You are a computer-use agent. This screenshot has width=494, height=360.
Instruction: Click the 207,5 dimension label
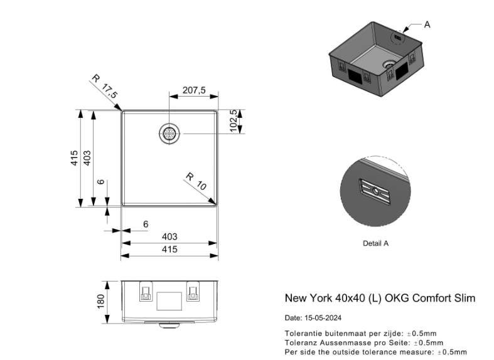(x=194, y=90)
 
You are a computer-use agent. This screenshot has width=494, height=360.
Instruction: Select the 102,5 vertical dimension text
(x=234, y=120)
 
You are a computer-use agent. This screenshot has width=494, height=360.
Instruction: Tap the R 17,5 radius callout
(x=105, y=86)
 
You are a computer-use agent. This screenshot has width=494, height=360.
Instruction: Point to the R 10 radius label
(x=196, y=181)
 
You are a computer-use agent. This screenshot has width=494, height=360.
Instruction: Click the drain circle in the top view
(x=169, y=134)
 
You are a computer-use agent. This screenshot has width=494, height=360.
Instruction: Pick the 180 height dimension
(x=100, y=302)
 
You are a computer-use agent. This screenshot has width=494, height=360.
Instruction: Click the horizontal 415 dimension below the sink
(x=169, y=250)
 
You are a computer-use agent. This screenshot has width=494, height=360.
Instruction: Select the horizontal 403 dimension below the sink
(x=169, y=236)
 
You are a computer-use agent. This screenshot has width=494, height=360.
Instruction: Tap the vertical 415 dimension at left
(x=74, y=158)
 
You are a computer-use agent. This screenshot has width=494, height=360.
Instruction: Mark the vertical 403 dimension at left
(x=87, y=158)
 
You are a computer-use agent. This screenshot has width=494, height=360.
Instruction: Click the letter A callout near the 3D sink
(x=427, y=24)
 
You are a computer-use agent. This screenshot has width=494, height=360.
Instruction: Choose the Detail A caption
(x=375, y=243)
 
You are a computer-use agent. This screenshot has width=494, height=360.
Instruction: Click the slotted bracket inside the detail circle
(x=375, y=191)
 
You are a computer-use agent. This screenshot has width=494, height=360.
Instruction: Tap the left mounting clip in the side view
(x=146, y=292)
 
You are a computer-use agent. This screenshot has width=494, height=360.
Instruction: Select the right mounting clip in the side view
(x=193, y=292)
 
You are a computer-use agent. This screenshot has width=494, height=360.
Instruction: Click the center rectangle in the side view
(x=169, y=301)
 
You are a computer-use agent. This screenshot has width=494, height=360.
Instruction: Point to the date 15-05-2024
(x=323, y=318)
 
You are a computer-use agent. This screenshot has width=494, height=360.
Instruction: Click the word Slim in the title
(x=464, y=298)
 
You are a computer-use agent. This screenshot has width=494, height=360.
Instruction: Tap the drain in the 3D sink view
(x=389, y=65)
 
